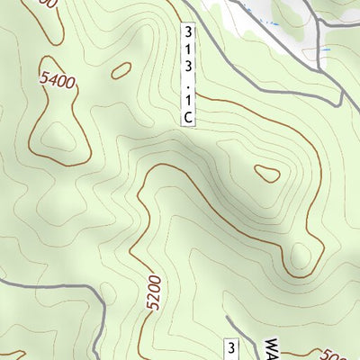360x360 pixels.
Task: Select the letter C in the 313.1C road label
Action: (188, 116)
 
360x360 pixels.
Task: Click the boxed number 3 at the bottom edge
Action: (231, 349)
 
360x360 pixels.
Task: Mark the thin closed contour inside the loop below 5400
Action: (58, 135)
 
